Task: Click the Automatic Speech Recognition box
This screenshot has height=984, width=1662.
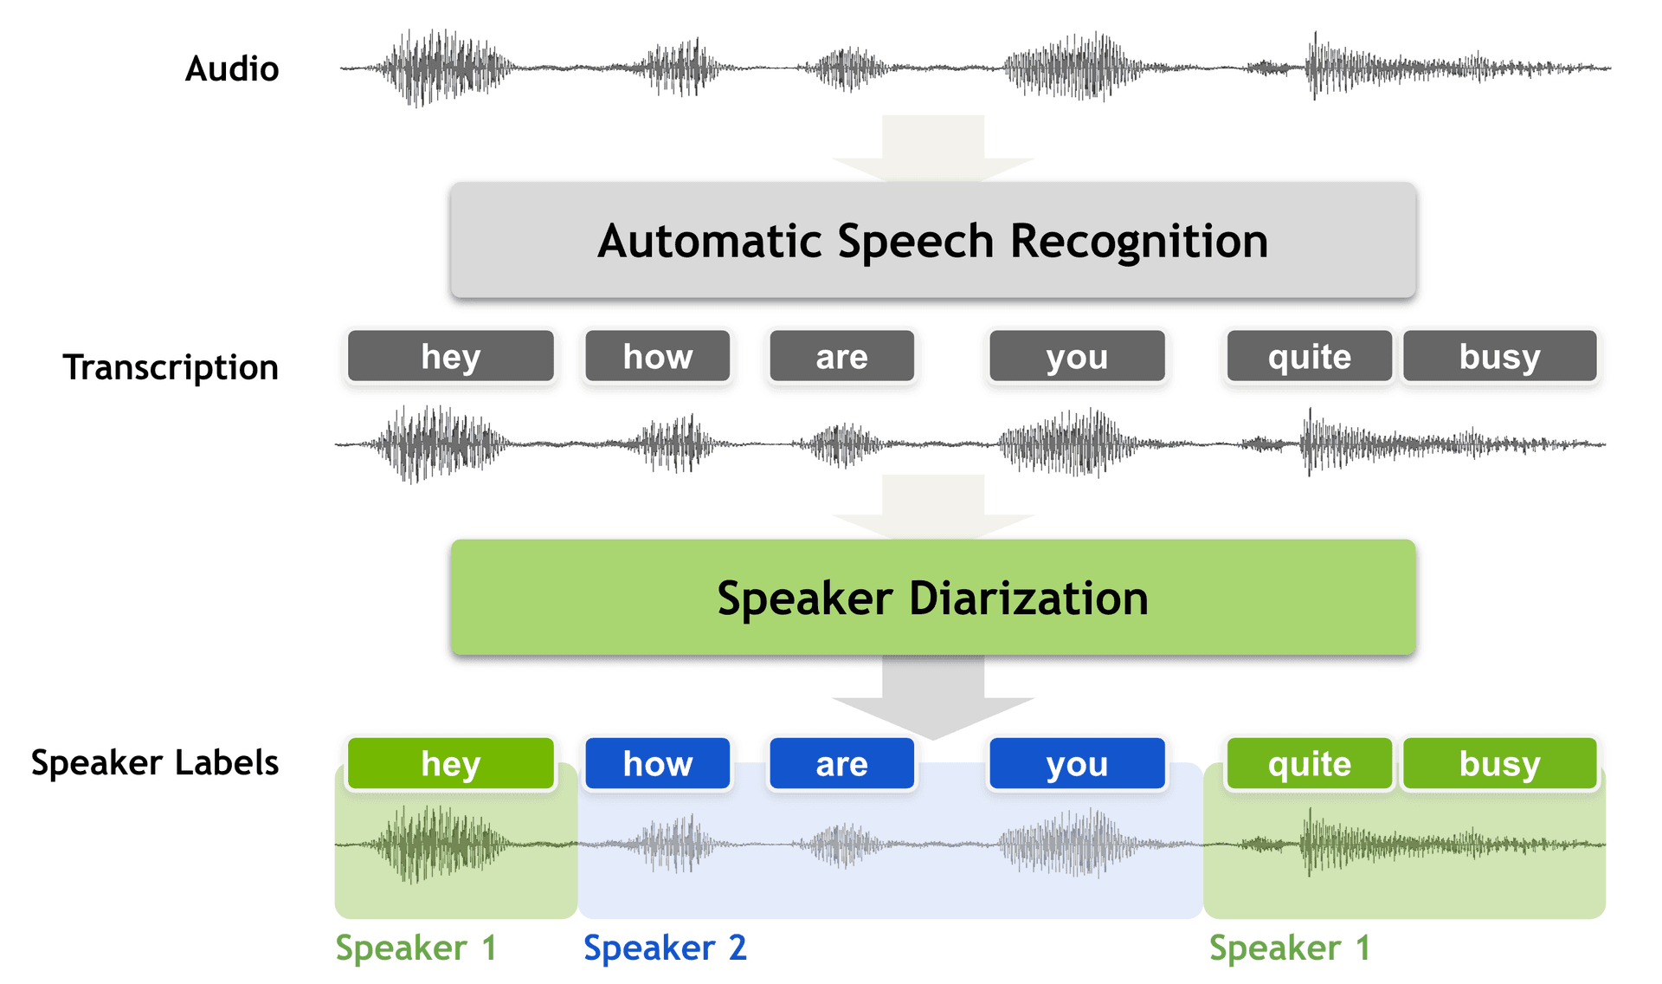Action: [x=932, y=240]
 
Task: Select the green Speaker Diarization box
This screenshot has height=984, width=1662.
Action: [x=932, y=597]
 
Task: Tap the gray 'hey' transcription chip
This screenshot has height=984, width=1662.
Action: [x=450, y=356]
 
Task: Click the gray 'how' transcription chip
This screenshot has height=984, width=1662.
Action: [x=657, y=356]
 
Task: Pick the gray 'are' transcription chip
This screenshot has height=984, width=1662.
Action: [x=841, y=356]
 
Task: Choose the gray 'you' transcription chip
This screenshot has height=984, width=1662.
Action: [x=1077, y=356]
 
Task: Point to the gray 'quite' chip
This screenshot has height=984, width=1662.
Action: [x=1309, y=356]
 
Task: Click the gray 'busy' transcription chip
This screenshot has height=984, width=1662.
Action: [x=1499, y=356]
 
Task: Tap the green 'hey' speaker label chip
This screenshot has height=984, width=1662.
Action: [x=450, y=763]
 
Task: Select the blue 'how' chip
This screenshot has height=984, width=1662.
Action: [x=657, y=763]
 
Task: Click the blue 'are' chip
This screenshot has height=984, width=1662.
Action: [x=841, y=763]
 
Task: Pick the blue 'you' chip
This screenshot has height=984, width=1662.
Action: [x=1077, y=763]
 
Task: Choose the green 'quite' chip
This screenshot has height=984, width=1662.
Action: [x=1309, y=763]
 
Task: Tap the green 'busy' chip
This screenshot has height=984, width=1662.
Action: [x=1499, y=763]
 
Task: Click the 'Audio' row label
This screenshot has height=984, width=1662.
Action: [x=232, y=68]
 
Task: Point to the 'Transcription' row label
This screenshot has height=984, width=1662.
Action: [x=171, y=367]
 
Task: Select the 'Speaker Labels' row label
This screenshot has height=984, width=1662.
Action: [x=155, y=762]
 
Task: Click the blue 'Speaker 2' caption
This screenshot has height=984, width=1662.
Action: [x=664, y=948]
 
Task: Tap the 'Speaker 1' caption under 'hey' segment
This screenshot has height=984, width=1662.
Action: [x=415, y=948]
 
